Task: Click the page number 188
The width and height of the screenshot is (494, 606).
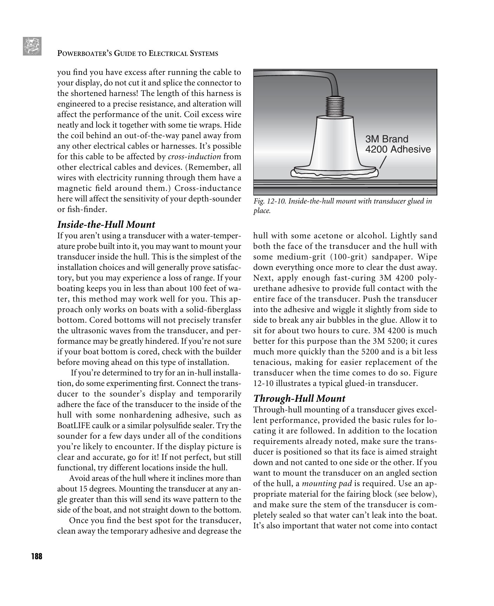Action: coord(37,556)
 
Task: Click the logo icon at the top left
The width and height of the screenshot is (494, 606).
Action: coord(32,46)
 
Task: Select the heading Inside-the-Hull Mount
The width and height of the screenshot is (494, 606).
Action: coord(106,224)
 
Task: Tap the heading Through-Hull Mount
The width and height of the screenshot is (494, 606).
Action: coord(299,398)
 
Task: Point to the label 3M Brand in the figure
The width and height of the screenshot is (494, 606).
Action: coord(387,139)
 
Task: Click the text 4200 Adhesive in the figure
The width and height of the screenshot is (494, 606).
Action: coord(398,149)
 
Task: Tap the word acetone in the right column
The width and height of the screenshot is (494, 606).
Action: coord(328,236)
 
